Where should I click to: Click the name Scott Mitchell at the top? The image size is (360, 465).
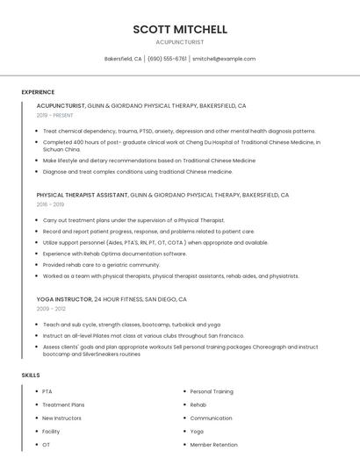click(x=180, y=29)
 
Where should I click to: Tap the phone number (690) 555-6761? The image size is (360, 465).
click(x=167, y=59)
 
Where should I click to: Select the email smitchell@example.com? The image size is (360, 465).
click(x=224, y=59)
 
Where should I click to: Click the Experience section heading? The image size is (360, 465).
click(x=38, y=92)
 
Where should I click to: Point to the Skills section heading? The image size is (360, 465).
click(x=31, y=376)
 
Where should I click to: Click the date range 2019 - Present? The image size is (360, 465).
click(x=54, y=115)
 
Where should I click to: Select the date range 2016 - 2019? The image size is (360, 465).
click(x=50, y=204)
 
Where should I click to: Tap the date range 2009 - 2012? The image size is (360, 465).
click(x=50, y=309)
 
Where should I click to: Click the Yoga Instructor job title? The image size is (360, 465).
click(x=64, y=299)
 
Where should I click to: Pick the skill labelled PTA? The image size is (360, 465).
click(x=47, y=391)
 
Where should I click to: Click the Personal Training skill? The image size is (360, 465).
click(x=212, y=391)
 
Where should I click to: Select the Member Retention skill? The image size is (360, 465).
click(x=213, y=445)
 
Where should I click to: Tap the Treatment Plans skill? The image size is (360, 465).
click(x=63, y=404)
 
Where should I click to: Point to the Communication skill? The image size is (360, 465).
click(x=211, y=418)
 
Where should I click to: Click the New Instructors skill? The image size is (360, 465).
click(x=61, y=418)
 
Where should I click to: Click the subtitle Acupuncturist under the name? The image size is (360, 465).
click(x=180, y=41)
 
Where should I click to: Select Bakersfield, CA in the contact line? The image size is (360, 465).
click(x=123, y=59)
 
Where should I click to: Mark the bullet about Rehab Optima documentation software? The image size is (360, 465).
click(x=114, y=254)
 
